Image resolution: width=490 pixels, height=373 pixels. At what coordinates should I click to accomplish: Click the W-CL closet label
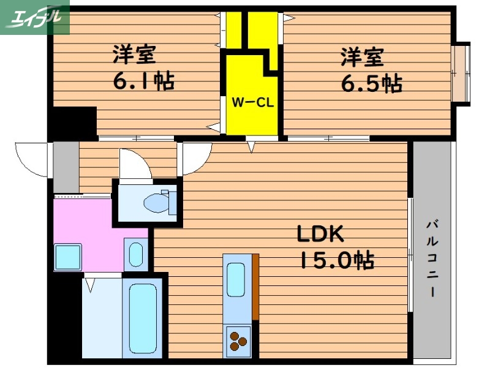252,102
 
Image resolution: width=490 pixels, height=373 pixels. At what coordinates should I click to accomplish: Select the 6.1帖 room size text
142,80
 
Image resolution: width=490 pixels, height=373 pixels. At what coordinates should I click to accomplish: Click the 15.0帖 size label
336,262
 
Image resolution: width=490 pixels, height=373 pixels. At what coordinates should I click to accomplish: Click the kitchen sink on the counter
236,279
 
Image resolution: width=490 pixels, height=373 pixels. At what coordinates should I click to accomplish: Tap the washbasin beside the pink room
136,254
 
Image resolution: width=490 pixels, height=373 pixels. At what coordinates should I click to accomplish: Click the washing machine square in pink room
68,257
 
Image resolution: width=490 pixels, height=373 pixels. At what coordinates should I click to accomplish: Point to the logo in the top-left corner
35,17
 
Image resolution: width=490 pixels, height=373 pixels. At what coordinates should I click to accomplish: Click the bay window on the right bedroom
461,73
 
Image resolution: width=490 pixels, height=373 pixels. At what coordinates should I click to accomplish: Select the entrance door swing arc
32,158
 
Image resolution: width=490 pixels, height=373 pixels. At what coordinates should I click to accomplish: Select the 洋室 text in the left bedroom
134,55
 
